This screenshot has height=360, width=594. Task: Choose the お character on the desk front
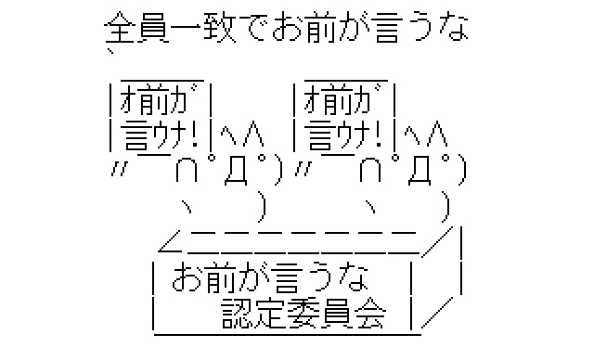(x=186, y=277)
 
